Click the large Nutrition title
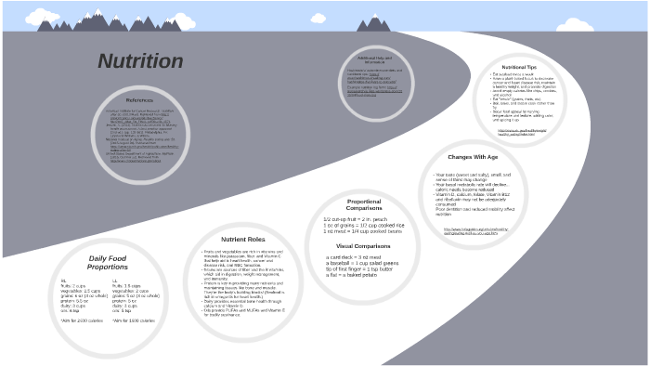pos(140,62)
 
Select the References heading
pos(139,99)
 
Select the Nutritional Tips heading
pos(519,67)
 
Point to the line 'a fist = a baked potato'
pos(348,275)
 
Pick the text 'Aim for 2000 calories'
pos(79,320)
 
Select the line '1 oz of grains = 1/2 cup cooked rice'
pos(362,226)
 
